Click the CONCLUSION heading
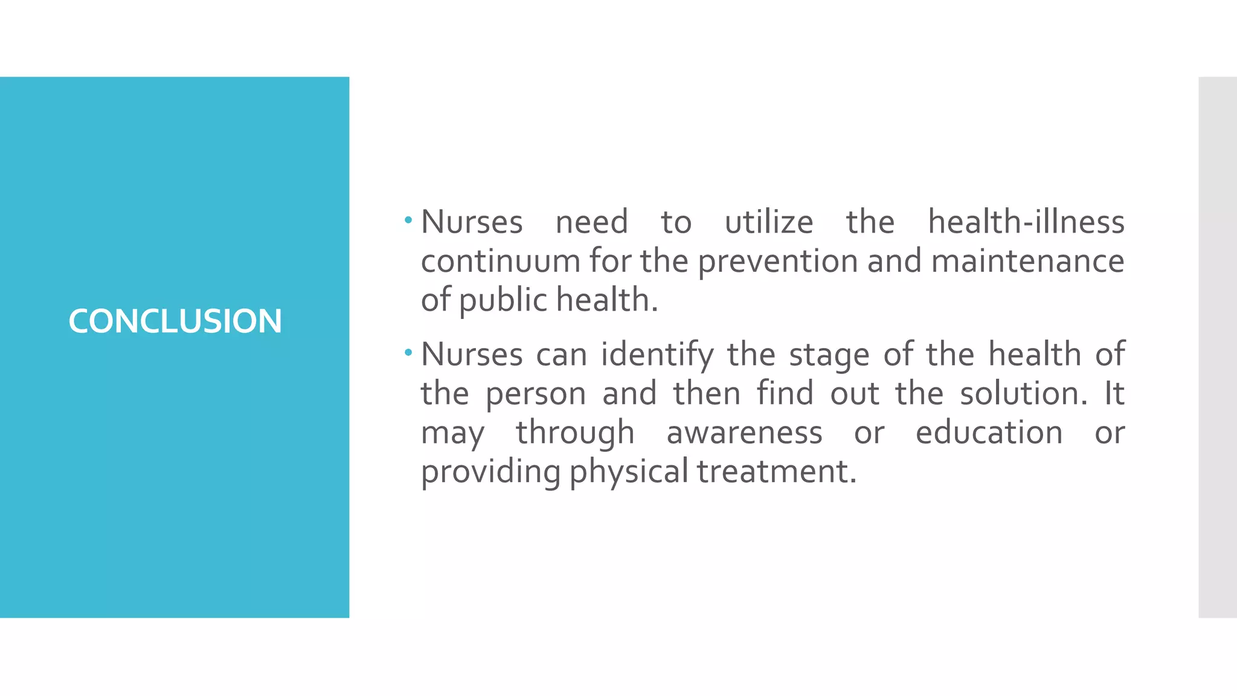175,321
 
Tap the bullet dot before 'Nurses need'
409,221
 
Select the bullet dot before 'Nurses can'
409,352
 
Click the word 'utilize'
769,222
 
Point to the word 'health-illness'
1026,222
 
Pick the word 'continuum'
500,261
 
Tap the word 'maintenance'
1027,261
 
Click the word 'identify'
657,355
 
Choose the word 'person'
536,394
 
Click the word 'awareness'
744,433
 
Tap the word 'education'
989,433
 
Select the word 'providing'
490,472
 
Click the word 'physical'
628,472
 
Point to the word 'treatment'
776,471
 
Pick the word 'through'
575,433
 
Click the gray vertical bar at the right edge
1217,347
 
